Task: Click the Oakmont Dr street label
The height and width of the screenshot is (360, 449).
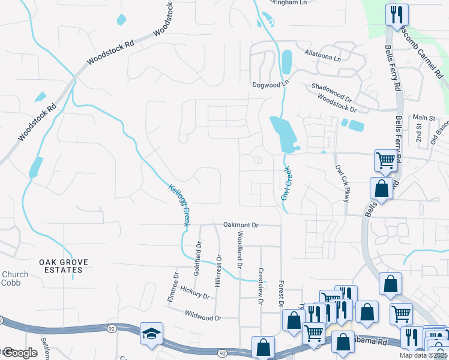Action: point(240,225)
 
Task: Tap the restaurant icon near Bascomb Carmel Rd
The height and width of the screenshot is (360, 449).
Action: point(397,14)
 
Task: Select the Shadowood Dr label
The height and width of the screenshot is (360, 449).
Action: point(331,91)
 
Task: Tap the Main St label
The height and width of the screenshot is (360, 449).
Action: point(423,118)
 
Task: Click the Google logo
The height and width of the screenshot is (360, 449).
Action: point(20,353)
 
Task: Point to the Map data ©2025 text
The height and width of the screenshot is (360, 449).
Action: point(423,355)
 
